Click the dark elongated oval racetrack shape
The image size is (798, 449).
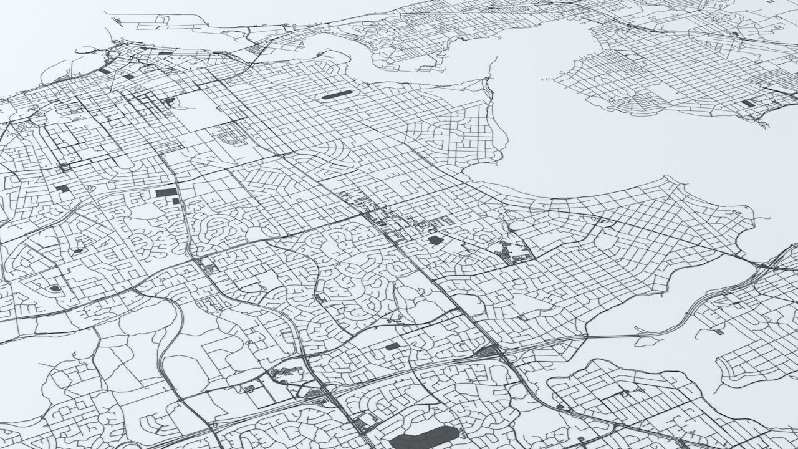pos(337,96)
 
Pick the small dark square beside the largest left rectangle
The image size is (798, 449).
pos(176,201)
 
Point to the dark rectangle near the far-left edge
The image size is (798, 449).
pos(62,188)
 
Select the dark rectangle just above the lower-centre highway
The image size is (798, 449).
pos(392,346)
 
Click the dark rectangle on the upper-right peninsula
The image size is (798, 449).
pos(748,103)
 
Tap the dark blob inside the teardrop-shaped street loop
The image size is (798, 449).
pos(54,288)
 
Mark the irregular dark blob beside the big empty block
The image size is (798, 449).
pos(169,100)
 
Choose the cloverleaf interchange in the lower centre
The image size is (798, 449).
pos(490,353)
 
